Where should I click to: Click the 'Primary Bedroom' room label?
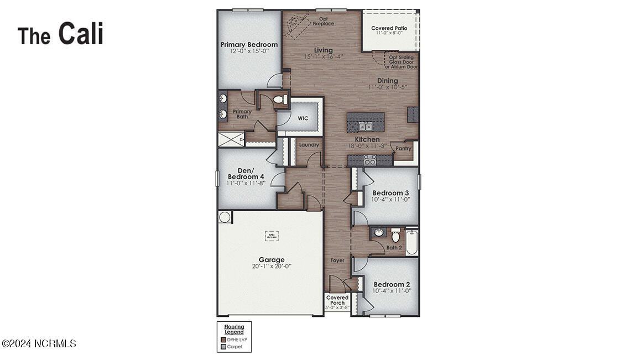coord(249,44)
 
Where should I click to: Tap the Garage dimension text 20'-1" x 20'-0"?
coord(272,266)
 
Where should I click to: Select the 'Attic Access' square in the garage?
coord(272,236)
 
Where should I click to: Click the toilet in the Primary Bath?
coord(279,100)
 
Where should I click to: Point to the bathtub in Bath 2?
coord(411,242)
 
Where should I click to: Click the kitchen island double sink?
coord(365,126)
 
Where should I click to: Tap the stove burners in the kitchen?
coord(369,160)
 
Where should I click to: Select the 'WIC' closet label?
coord(303,118)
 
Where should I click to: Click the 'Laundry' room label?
coord(309,145)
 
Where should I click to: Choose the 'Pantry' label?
coord(403,148)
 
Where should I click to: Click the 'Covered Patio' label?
coord(389,28)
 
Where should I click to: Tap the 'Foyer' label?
coord(337,260)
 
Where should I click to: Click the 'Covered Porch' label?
coord(337,300)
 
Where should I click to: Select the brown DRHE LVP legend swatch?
coord(223,340)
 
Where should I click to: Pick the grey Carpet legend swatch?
coord(223,347)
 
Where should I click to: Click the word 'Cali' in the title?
coord(81,34)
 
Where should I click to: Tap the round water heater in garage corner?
coord(225,217)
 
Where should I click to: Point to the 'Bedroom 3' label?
coord(391,193)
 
